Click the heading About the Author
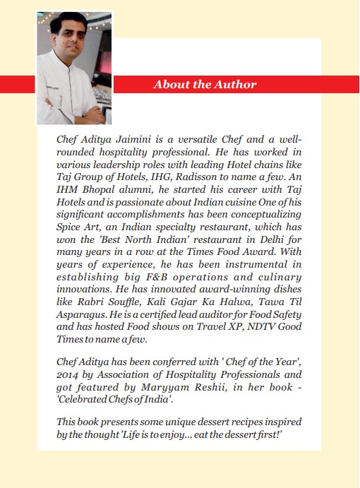(x=205, y=85)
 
